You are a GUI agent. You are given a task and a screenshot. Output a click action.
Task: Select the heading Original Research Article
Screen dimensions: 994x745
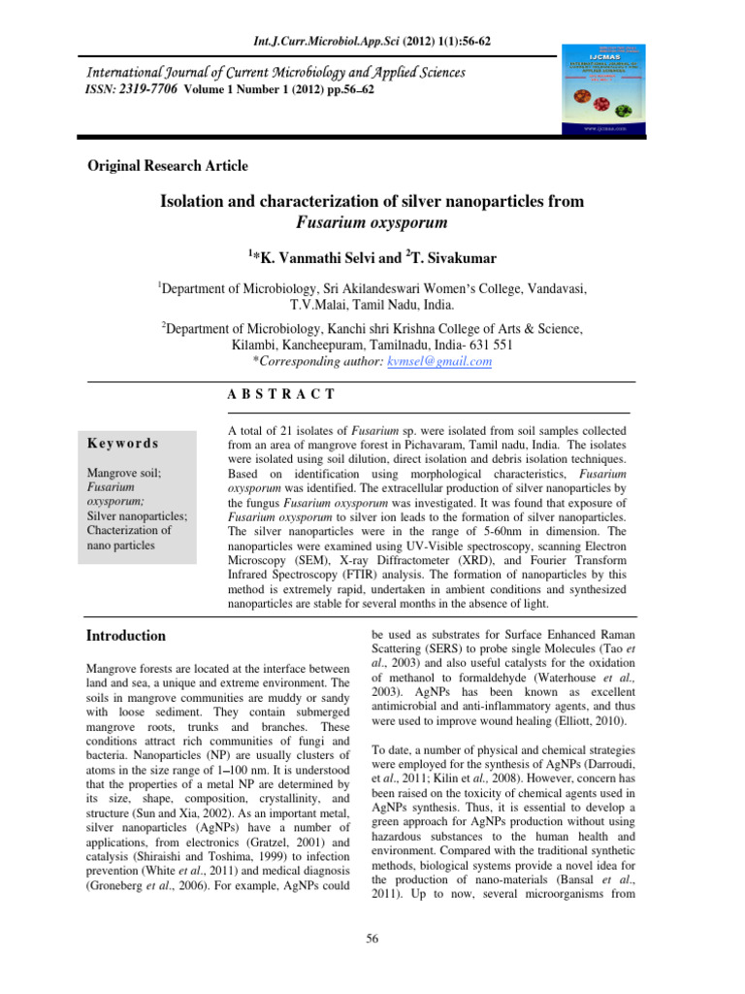[169, 166]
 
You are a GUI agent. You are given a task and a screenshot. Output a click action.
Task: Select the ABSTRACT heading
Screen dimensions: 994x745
[280, 394]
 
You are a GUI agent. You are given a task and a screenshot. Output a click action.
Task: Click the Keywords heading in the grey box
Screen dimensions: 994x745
[123, 443]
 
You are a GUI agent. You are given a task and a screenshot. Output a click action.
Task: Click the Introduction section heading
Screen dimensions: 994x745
[126, 636]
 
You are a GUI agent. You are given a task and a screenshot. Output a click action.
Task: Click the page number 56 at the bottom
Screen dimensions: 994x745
[372, 937]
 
